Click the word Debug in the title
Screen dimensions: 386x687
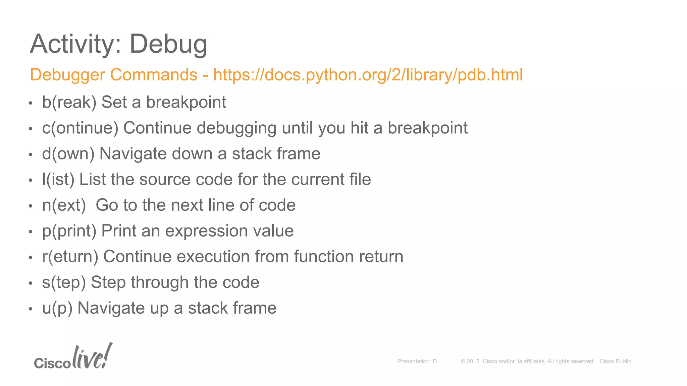[168, 44]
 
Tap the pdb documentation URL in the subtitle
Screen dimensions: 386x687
[368, 75]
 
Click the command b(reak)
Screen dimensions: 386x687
[69, 102]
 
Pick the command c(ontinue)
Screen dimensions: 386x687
[80, 128]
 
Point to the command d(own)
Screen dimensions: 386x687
[68, 154]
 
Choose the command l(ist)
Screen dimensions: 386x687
[58, 180]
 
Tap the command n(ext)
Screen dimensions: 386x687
[64, 205]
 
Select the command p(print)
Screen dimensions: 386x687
[69, 231]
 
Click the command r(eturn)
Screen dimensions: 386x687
[70, 257]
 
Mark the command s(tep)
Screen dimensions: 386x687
[64, 282]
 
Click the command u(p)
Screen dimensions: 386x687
[57, 308]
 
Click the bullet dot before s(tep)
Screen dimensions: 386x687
[31, 283]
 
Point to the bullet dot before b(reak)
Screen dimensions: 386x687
[31, 103]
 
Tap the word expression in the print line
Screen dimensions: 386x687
[206, 231]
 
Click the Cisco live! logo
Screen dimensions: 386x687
[73, 357]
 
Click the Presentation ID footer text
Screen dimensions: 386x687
[417, 361]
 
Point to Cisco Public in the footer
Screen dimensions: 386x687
[615, 361]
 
